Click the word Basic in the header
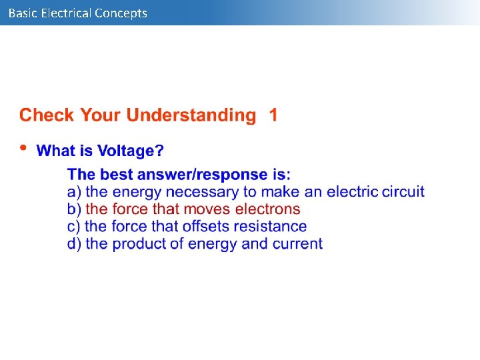coord(23,13)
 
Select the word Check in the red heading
coord(47,115)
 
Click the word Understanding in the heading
coord(191,115)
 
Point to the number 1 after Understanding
coord(273,115)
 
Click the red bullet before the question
coord(23,148)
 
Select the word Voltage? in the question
coord(130,151)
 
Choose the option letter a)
coord(74,192)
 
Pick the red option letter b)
coord(74,209)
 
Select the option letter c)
coord(74,227)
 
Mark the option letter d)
coord(74,244)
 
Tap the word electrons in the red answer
coord(268,209)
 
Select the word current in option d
coord(297,244)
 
